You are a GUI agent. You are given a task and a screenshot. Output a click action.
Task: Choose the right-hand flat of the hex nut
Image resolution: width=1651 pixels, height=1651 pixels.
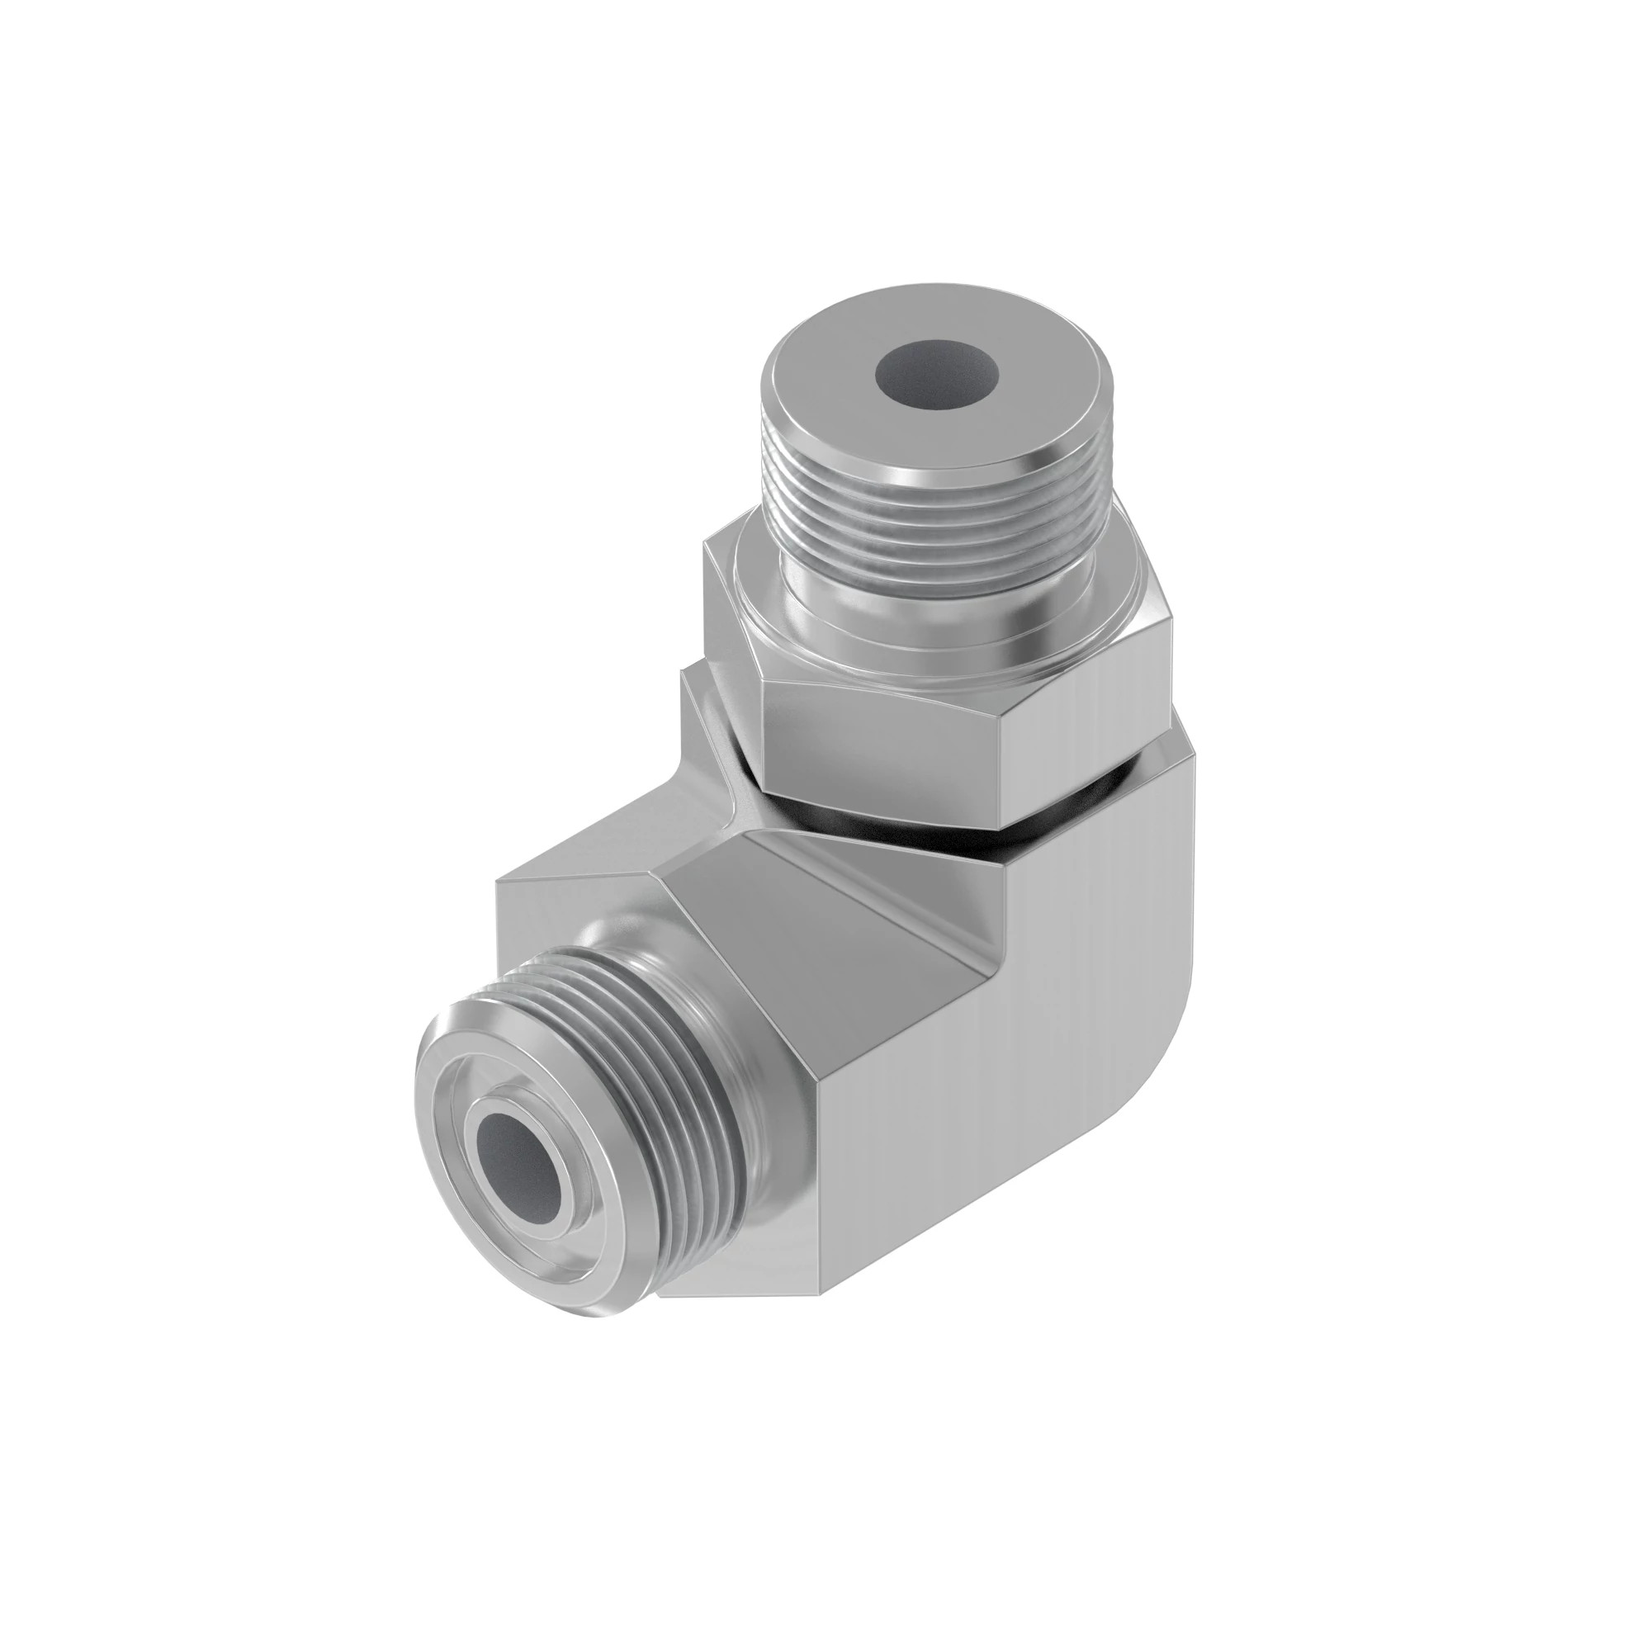[1086, 684]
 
